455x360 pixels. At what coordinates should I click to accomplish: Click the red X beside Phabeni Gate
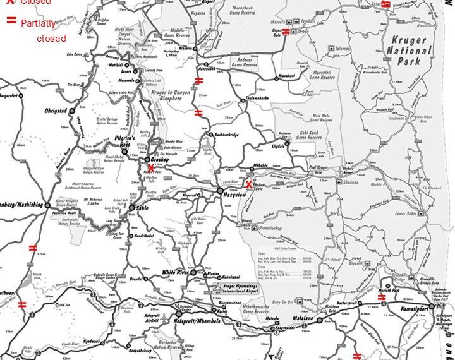tap(249, 184)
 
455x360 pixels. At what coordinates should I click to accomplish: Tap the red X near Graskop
tap(150, 167)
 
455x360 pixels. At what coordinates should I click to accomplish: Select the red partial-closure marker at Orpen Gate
tap(286, 32)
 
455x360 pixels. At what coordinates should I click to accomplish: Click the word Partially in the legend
tap(37, 23)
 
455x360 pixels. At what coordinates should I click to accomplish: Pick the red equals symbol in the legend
tap(11, 20)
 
